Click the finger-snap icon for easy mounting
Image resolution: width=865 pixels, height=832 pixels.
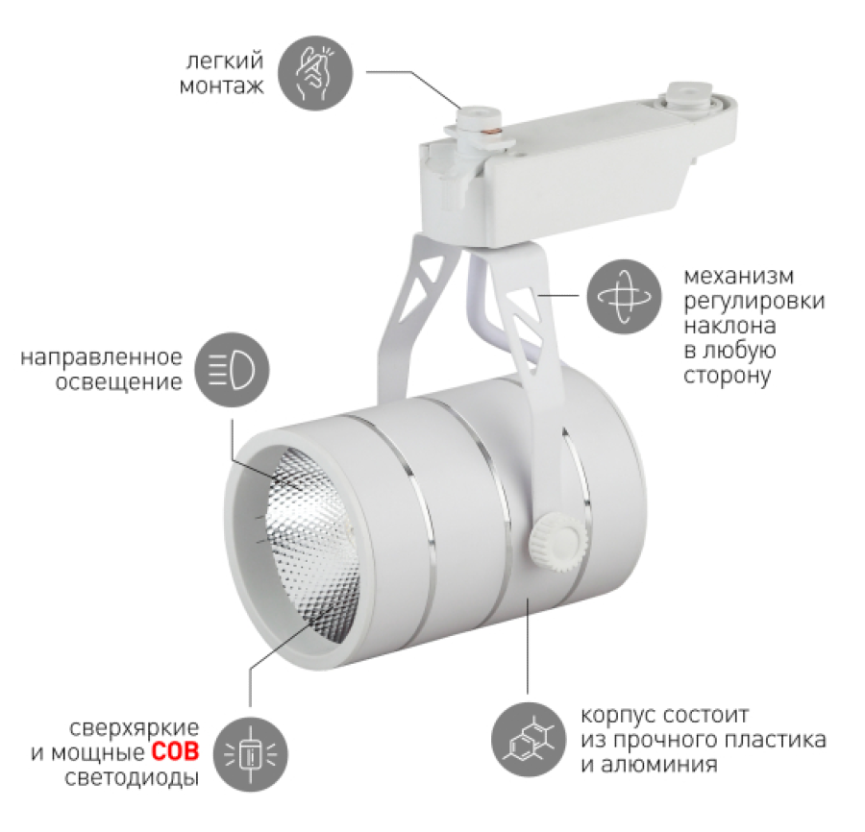point(315,73)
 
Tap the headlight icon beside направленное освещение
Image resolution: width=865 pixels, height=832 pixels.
point(232,370)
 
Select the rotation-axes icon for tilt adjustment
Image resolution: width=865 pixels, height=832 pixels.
point(624,297)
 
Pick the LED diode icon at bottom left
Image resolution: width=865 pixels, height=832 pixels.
point(251,754)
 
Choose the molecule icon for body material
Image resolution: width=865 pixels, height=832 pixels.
point(529,740)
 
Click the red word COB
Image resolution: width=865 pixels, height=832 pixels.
point(175,752)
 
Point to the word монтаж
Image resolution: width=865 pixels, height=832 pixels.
point(222,86)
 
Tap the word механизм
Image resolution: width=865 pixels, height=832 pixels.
point(739,276)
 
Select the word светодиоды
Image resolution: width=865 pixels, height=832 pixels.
point(132,778)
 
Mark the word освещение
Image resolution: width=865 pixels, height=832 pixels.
point(118,382)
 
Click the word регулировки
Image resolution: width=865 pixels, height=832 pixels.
point(754,302)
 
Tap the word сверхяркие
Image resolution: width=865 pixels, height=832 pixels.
point(134,728)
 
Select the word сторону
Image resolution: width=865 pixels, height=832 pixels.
point(728,377)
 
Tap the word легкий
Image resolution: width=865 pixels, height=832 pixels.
point(225,61)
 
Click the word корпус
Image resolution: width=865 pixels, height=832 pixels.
point(618,716)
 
